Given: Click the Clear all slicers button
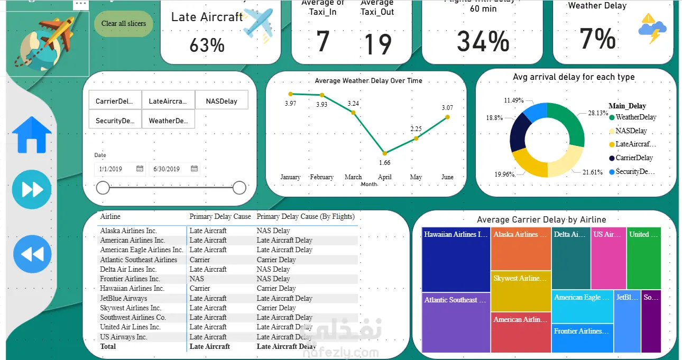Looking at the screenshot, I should click(x=124, y=23).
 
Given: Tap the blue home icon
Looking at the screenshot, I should click(x=32, y=135).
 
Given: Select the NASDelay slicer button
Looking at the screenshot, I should click(x=222, y=101).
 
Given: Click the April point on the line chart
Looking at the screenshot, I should click(x=385, y=153).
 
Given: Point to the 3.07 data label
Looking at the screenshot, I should click(x=447, y=108).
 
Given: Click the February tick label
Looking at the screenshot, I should click(x=321, y=177).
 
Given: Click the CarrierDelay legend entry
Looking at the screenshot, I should click(x=634, y=158).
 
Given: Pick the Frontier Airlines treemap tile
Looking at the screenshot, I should click(x=582, y=338).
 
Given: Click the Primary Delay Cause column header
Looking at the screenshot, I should click(x=220, y=216).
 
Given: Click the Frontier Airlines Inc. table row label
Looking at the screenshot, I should click(x=130, y=279).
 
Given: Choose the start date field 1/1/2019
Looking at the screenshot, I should click(x=110, y=169).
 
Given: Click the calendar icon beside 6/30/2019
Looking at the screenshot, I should click(x=194, y=169).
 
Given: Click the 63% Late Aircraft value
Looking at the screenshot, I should click(x=207, y=45).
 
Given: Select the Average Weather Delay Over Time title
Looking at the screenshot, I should click(x=368, y=81).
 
